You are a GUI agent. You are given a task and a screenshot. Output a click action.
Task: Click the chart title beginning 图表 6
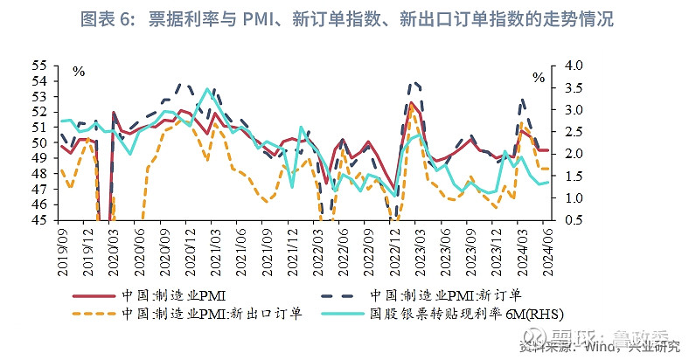pyautogui.click(x=344, y=18)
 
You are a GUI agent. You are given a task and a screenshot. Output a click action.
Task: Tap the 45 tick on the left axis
pyautogui.click(x=40, y=220)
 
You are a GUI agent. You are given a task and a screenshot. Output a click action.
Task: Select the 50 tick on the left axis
pyautogui.click(x=40, y=143)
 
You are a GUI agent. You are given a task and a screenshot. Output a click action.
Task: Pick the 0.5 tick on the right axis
pyautogui.click(x=574, y=220)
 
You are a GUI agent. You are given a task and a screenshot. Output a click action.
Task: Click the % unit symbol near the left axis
pyautogui.click(x=78, y=72)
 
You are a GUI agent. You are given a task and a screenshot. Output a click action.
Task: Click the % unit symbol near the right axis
pyautogui.click(x=539, y=78)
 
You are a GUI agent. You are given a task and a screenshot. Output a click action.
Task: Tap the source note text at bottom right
pyautogui.click(x=603, y=347)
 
